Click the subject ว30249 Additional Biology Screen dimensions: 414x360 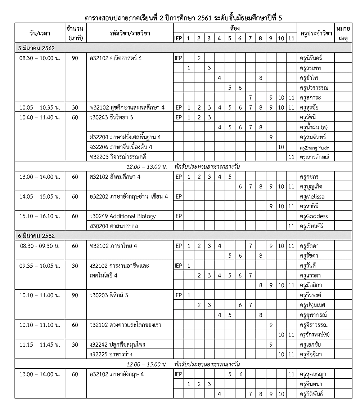tap(123, 216)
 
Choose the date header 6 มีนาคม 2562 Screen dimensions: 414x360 tap(36, 236)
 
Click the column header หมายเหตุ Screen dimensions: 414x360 tap(343, 33)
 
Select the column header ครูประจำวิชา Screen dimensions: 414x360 tap(315, 34)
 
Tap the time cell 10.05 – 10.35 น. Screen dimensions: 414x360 tap(40, 107)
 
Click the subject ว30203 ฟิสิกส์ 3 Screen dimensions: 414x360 tap(109, 295)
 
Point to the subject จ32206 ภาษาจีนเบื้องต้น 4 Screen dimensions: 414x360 tap(121, 147)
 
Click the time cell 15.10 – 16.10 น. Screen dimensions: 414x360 tap(40, 216)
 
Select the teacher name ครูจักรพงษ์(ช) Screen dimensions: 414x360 tap(315, 335)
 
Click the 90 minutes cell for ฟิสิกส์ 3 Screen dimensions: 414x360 tap(75, 295)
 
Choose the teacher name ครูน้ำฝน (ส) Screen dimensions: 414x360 tap(313, 127)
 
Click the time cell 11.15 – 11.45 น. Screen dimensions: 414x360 tap(40, 344)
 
